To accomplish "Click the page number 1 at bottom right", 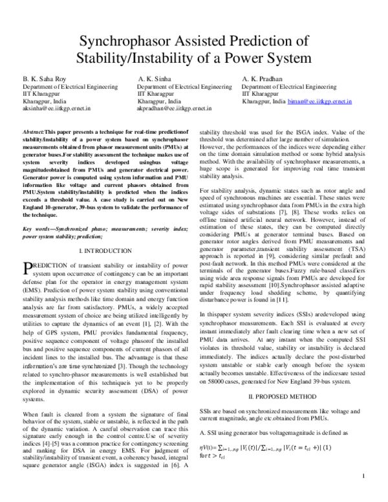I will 364,496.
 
